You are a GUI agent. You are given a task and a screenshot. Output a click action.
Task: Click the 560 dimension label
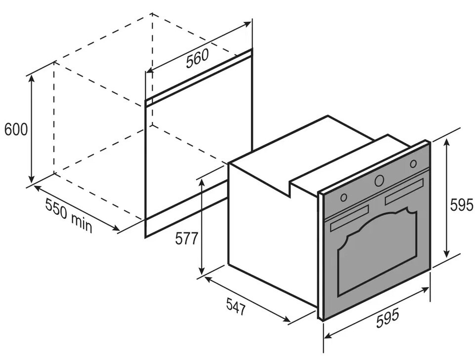point(197,58)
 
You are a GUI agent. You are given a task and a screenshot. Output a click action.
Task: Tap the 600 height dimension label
point(16,129)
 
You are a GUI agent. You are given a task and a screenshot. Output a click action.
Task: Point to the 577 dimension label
point(187,239)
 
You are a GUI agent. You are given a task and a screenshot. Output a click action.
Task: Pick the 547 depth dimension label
point(236,305)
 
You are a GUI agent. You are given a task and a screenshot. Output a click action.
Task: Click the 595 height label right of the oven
point(462,205)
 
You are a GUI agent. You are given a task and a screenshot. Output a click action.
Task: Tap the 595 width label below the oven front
point(388,318)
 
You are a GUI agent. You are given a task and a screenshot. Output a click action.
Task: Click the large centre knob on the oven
point(379,181)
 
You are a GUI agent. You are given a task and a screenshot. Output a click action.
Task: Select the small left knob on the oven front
point(344,198)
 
